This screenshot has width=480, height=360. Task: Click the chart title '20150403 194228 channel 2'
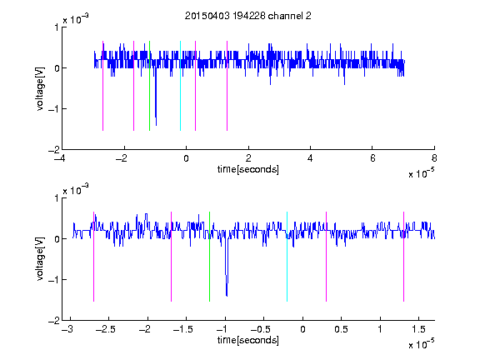[x=248, y=16]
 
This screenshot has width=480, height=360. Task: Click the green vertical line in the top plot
[x=149, y=86]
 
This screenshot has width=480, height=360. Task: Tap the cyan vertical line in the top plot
[x=180, y=86]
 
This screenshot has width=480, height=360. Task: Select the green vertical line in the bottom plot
[x=209, y=257]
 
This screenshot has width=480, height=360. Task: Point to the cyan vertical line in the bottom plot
[x=287, y=257]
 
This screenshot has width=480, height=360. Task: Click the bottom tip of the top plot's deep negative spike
[x=156, y=126]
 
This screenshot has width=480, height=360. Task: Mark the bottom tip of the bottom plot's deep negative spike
[x=227, y=296]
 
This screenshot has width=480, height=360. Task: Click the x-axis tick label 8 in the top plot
[x=434, y=158]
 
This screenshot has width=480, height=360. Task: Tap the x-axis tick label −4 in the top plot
[x=60, y=158]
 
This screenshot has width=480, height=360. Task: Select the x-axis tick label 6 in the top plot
[x=372, y=158]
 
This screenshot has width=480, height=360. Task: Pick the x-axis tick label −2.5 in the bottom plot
[x=106, y=329]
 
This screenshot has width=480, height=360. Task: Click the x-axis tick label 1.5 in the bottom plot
[x=419, y=329]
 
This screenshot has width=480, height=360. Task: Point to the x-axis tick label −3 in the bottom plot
[x=67, y=329]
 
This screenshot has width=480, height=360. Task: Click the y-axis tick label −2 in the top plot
[x=53, y=150]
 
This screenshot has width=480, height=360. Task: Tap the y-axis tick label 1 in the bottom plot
[x=57, y=198]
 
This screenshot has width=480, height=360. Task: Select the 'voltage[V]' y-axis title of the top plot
[x=40, y=89]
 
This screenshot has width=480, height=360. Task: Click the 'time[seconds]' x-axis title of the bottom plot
[x=248, y=340]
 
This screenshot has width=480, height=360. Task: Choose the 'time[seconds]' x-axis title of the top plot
[x=248, y=169]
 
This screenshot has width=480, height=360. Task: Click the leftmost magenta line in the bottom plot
[x=93, y=257]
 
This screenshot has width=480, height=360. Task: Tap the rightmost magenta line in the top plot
[x=227, y=86]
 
